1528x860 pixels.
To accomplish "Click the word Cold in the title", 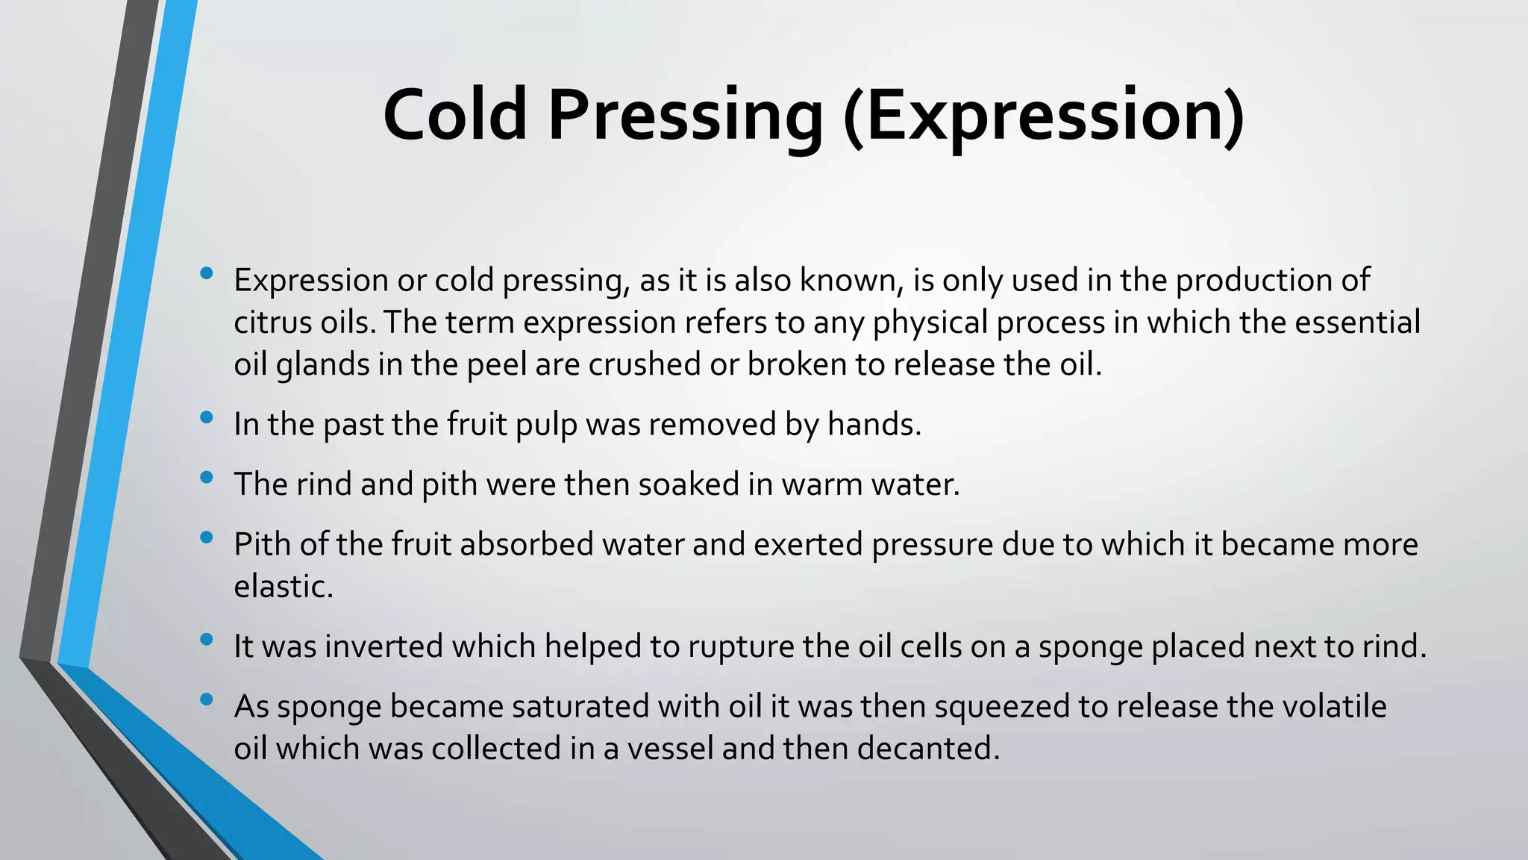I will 455,115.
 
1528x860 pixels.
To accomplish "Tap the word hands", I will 874,424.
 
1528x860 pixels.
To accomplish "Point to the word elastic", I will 283,586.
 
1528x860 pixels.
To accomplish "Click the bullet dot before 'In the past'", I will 207,417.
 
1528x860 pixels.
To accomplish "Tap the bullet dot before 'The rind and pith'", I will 207,477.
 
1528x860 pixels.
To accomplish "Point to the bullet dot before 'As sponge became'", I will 207,699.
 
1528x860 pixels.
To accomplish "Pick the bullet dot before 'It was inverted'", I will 207,639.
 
